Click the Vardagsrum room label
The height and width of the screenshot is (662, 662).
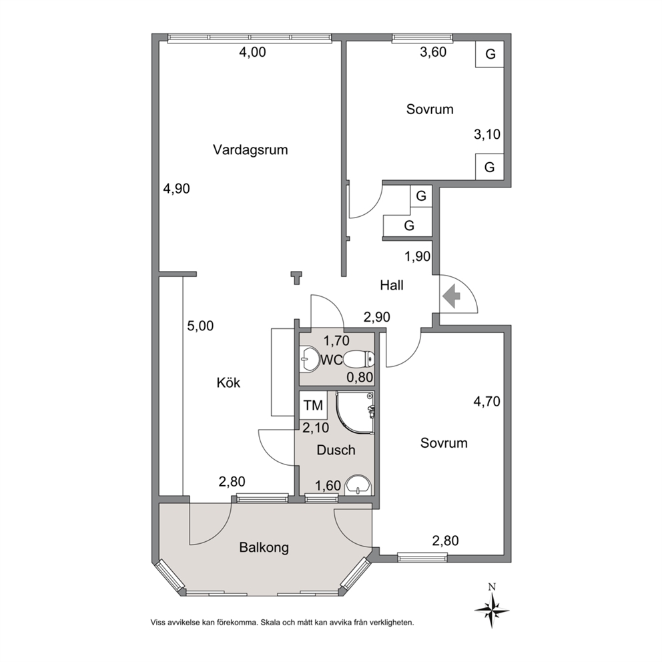tap(250, 150)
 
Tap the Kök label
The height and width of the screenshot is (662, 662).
tap(228, 382)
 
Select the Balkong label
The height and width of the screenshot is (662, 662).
tap(264, 548)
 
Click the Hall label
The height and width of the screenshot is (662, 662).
tap(392, 285)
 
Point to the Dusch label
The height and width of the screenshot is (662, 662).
tap(336, 450)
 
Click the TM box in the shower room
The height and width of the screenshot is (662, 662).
tap(313, 405)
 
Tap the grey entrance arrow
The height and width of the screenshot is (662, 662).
tap(451, 296)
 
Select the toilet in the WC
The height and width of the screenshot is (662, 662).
tap(359, 360)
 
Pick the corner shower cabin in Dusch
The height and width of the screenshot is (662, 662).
tap(355, 412)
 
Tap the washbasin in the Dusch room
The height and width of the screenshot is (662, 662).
tap(358, 485)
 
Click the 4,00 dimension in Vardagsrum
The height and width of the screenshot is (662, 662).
tap(252, 52)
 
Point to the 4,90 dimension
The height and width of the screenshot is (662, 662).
tap(176, 188)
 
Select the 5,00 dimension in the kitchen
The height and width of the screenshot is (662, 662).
tap(201, 326)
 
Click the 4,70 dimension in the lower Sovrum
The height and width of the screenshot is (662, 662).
tap(486, 401)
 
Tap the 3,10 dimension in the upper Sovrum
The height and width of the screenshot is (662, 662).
tap(487, 134)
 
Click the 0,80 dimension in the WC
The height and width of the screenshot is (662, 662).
tap(360, 377)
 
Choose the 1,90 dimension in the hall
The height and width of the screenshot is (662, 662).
tap(417, 256)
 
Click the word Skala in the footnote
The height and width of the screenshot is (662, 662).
tap(270, 623)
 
